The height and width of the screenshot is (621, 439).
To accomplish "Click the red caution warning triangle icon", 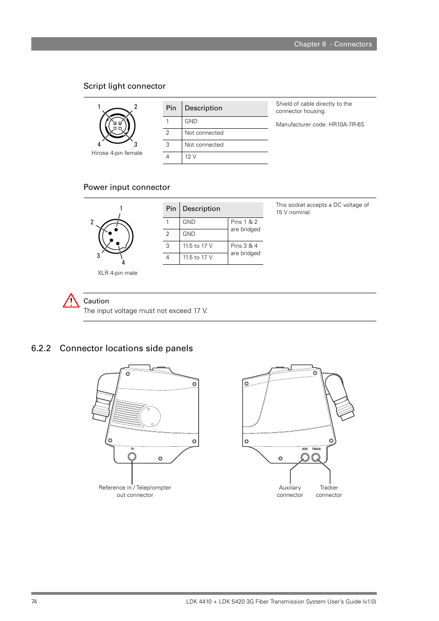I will [x=71, y=301].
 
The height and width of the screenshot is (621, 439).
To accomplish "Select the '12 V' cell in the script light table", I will [x=191, y=157].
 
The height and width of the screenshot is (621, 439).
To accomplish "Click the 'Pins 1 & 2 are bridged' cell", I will [x=245, y=226].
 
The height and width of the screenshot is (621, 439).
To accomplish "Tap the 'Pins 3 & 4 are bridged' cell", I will [x=245, y=250].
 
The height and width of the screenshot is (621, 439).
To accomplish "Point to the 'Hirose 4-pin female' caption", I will [x=117, y=153].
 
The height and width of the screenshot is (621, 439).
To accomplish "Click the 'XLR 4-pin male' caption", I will [x=117, y=273].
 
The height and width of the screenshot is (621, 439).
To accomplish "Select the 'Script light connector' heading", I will [x=124, y=86].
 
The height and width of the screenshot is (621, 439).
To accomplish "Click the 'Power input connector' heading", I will [x=127, y=188].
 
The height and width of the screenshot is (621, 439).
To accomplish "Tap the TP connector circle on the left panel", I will [x=132, y=456].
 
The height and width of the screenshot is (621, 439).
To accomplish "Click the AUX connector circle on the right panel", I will [x=305, y=457].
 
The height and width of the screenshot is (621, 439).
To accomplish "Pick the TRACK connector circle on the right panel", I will [x=316, y=457].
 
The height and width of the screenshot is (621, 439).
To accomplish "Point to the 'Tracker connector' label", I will [x=329, y=491].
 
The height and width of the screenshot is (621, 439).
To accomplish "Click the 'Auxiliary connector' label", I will [x=290, y=491].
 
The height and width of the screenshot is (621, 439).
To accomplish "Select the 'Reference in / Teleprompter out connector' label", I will [x=135, y=491].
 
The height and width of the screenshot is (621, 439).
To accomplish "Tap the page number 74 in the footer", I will [x=34, y=602].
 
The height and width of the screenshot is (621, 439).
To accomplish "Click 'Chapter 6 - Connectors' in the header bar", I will [x=333, y=44].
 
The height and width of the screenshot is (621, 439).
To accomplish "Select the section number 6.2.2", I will [x=41, y=348].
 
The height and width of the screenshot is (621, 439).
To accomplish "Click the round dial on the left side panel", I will [x=150, y=416].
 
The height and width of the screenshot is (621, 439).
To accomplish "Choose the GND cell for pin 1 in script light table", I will [x=191, y=121].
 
